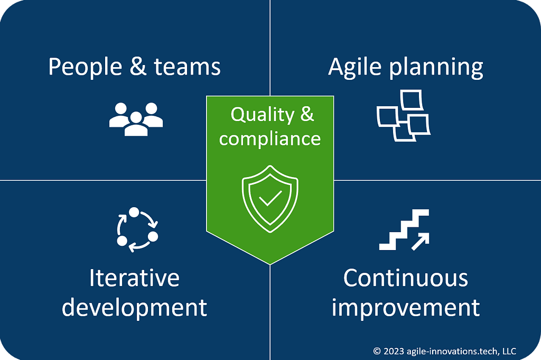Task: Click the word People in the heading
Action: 85,67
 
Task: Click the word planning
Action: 436,67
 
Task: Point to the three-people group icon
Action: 136,119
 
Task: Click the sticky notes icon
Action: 404,115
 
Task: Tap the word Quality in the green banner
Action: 262,115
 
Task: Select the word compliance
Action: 270,139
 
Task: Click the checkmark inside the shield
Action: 270,198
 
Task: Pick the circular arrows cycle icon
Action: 137,229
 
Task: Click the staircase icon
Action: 404,229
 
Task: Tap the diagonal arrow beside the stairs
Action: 421,241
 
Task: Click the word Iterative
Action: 134,278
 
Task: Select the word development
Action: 134,308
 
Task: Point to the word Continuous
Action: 405,278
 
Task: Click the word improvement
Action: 405,308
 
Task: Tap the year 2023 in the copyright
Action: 393,352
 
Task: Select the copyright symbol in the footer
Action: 377,352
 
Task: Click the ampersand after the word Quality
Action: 307,114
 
